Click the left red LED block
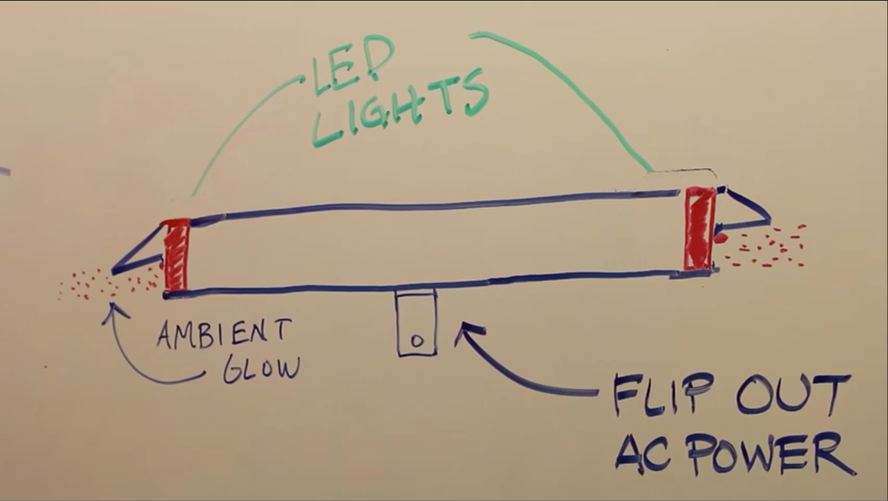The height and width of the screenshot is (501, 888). tap(176, 255)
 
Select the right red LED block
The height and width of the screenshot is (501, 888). tap(700, 228)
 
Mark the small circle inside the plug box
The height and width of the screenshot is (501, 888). tap(416, 341)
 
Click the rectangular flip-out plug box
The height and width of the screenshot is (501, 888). tap(416, 323)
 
